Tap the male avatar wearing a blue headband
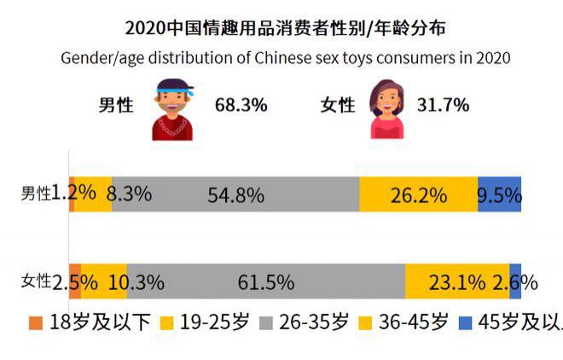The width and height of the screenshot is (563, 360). click(172, 107)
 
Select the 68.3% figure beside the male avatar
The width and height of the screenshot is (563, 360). click(241, 105)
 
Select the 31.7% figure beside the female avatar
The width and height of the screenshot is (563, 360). click(443, 105)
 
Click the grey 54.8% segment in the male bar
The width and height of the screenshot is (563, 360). click(235, 195)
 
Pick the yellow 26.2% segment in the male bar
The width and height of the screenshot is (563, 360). click(418, 195)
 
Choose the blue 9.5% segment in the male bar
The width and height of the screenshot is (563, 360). click(500, 195)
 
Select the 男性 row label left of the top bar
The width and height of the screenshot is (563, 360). click(36, 194)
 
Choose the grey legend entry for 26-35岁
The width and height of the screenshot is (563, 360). click(303, 323)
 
